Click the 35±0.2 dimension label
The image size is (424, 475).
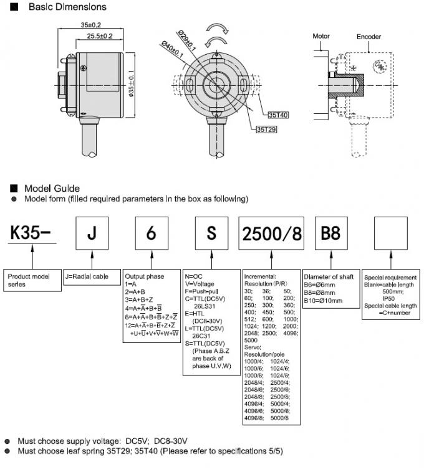pyautogui.click(x=91, y=25)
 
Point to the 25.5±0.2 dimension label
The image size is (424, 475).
pyautogui.click(x=99, y=37)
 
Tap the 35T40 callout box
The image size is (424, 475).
pyautogui.click(x=278, y=115)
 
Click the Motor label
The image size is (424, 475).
pyautogui.click(x=320, y=36)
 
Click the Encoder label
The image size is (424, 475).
pyautogui.click(x=369, y=37)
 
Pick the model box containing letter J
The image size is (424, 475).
pyautogui.click(x=92, y=233)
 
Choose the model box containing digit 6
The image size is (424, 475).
pyautogui.click(x=152, y=233)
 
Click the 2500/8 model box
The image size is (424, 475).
pyautogui.click(x=271, y=233)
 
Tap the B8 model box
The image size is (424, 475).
pyautogui.click(x=330, y=233)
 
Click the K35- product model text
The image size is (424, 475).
pyautogui.click(x=31, y=233)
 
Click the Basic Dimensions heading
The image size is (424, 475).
pyautogui.click(x=59, y=7)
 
